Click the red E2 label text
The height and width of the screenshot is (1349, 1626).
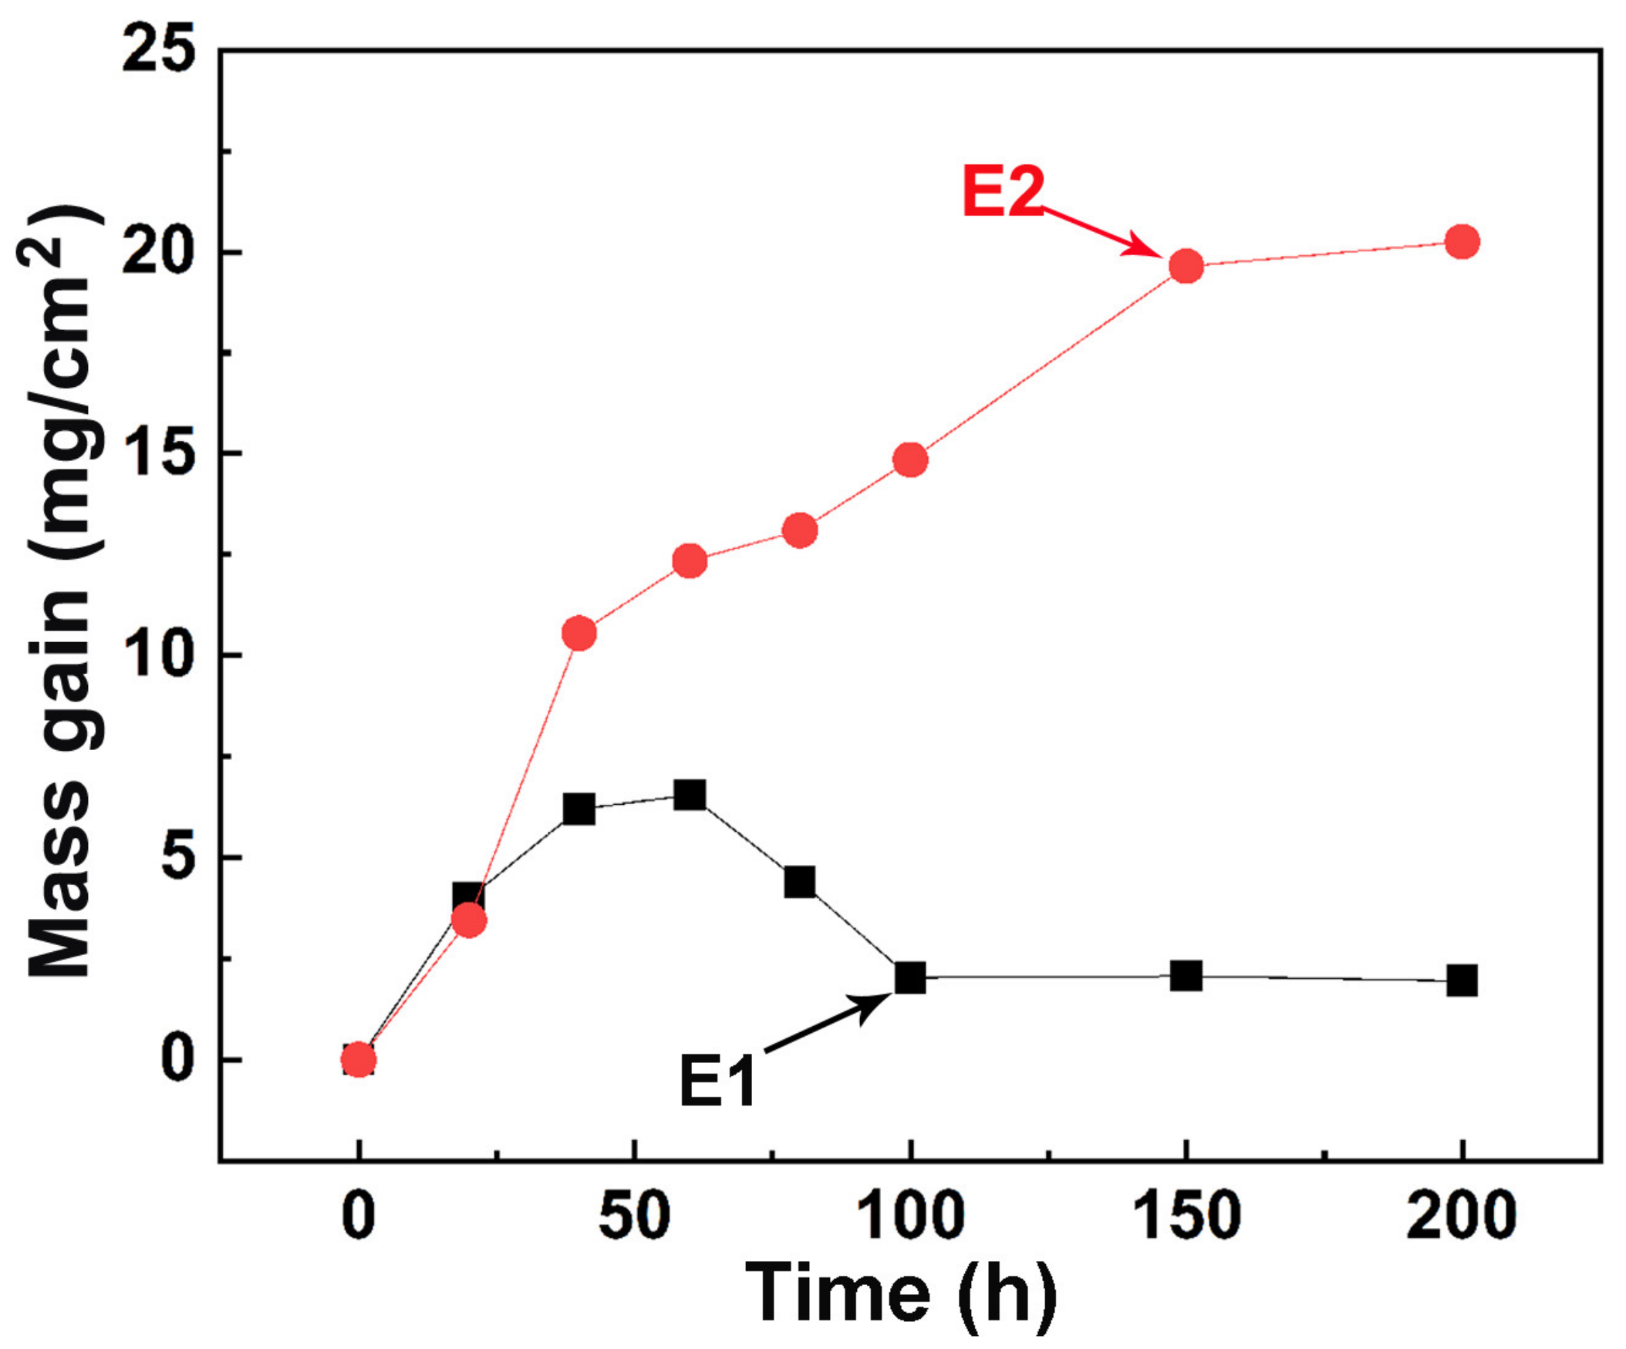(x=1004, y=191)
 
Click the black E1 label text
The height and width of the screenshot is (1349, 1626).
(x=717, y=1082)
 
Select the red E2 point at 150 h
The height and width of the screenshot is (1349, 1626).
(x=1186, y=266)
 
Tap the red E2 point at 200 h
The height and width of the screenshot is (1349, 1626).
(x=1462, y=242)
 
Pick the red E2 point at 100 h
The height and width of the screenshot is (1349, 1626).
(x=909, y=460)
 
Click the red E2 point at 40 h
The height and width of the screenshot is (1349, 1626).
(x=579, y=634)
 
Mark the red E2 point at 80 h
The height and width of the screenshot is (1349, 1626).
(x=800, y=530)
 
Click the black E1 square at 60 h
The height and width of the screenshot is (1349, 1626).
(x=689, y=795)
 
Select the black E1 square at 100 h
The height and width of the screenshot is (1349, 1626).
(x=909, y=977)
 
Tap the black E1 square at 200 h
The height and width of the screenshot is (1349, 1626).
(x=1462, y=981)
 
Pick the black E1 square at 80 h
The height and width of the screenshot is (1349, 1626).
(x=800, y=882)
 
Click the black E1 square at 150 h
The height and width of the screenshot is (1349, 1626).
(x=1186, y=976)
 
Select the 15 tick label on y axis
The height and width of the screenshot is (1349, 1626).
(x=158, y=453)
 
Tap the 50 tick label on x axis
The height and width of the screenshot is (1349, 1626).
(x=634, y=1216)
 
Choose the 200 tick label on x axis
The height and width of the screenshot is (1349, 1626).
(x=1461, y=1216)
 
